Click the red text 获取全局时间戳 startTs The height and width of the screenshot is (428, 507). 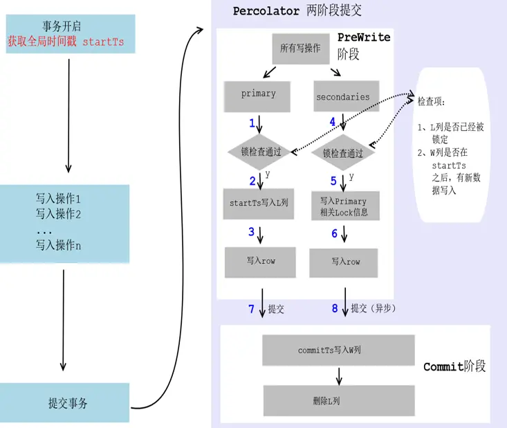pyautogui.click(x=66, y=42)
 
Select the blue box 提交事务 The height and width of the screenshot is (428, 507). pyautogui.click(x=68, y=402)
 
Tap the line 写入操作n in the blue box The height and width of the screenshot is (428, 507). pyautogui.click(x=59, y=244)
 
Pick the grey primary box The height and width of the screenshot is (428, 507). pyautogui.click(x=258, y=94)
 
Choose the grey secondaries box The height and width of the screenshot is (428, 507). pyautogui.click(x=342, y=97)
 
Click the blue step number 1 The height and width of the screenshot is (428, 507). pyautogui.click(x=252, y=123)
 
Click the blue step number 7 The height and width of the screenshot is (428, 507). pyautogui.click(x=252, y=309)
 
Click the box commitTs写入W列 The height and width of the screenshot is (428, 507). pyautogui.click(x=338, y=350)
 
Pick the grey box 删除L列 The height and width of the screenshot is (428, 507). pyautogui.click(x=338, y=401)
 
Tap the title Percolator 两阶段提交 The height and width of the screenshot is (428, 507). pyautogui.click(x=297, y=11)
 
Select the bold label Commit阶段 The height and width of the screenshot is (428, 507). pyautogui.click(x=454, y=366)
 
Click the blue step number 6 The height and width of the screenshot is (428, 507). pyautogui.click(x=334, y=233)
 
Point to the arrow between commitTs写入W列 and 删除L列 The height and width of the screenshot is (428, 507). pyautogui.click(x=338, y=376)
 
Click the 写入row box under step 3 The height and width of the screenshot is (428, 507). pyautogui.click(x=259, y=261)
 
